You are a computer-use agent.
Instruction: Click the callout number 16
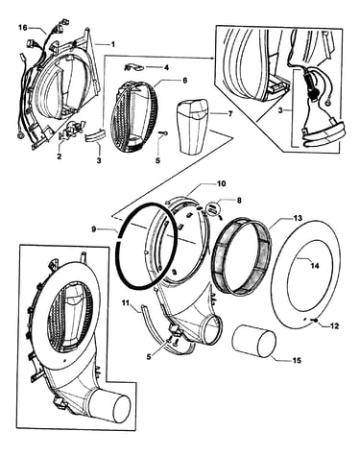23,28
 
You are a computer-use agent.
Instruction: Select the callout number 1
112,44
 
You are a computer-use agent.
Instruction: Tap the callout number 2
60,156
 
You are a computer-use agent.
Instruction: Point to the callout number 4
166,68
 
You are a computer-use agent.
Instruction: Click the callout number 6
184,81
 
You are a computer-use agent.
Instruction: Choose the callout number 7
230,113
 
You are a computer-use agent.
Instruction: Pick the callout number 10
222,183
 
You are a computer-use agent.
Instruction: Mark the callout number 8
239,201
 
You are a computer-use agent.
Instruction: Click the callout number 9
93,229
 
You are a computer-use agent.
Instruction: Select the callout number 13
298,218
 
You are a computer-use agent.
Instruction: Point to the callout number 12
334,326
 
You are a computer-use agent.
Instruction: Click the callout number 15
297,361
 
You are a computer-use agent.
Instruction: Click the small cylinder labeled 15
254,342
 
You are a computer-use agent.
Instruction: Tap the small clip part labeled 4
133,68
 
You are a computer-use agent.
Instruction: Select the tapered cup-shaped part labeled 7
193,126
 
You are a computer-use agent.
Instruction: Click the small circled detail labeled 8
213,210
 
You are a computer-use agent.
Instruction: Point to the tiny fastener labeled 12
316,321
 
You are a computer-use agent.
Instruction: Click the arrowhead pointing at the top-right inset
212,58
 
